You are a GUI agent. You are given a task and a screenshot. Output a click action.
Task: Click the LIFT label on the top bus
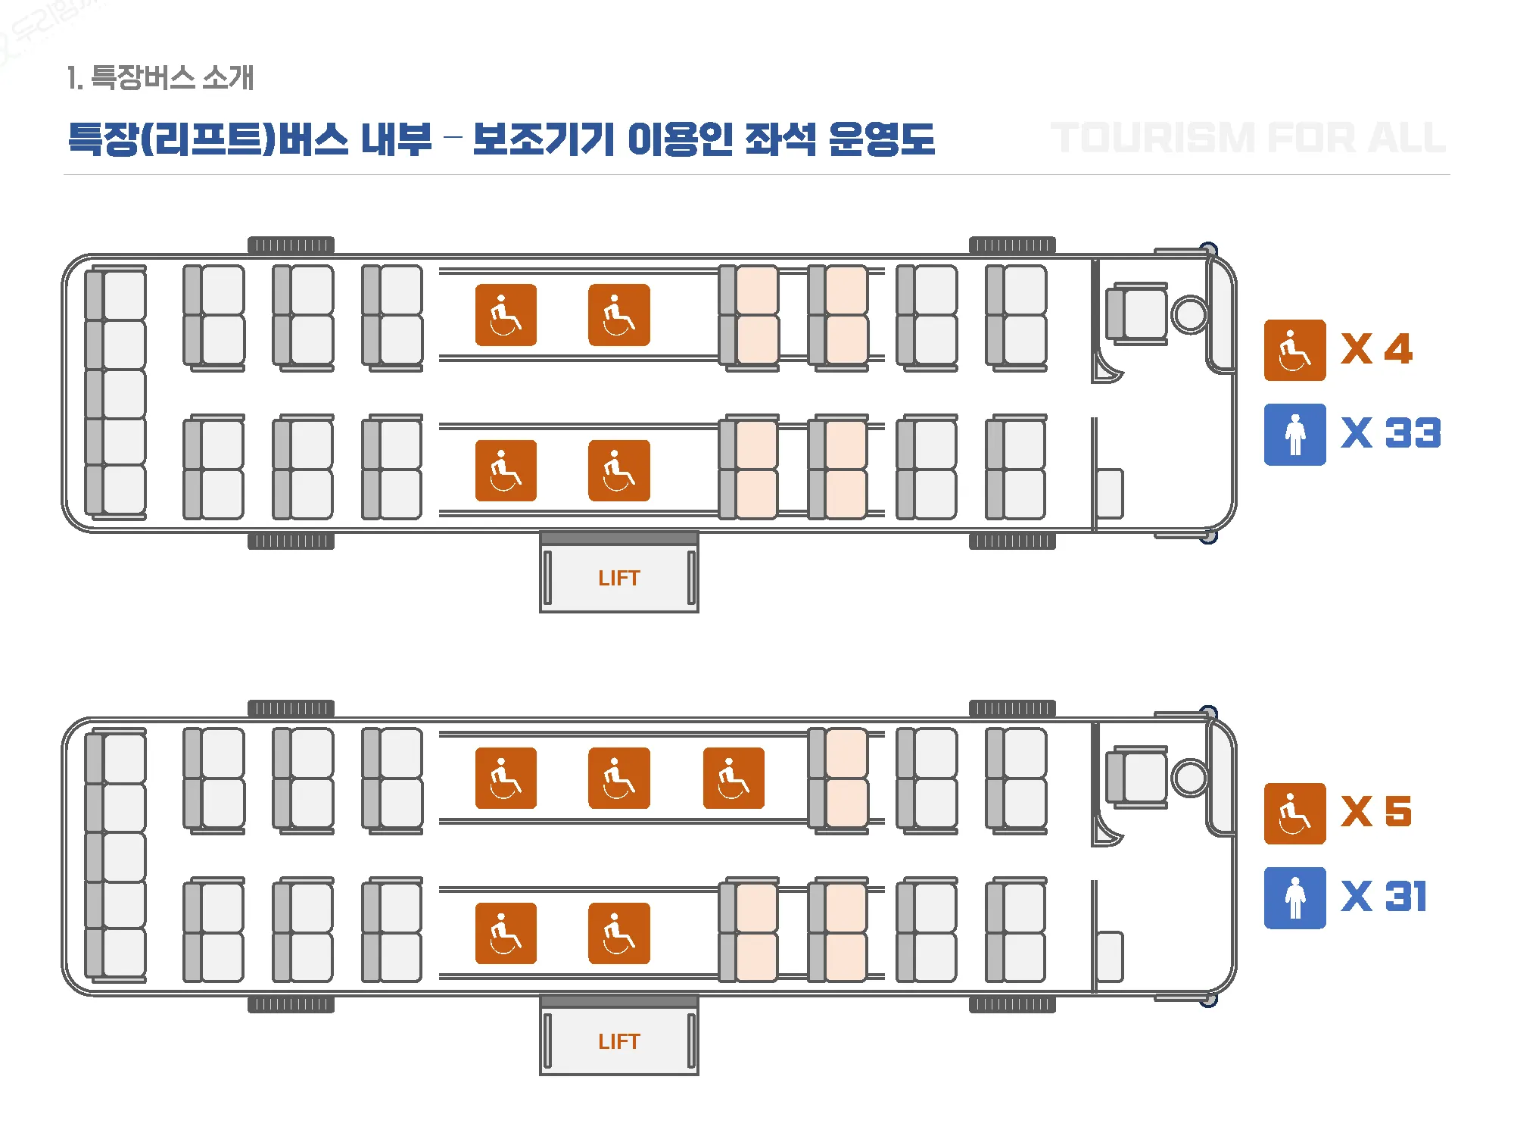(x=618, y=578)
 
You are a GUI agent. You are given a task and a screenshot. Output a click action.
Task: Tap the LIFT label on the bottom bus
(x=618, y=1041)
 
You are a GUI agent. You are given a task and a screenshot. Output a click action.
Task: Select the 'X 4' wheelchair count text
(x=1376, y=349)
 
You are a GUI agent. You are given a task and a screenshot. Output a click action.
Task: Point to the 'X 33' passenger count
(x=1391, y=433)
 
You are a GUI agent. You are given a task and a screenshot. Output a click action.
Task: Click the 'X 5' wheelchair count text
(x=1376, y=812)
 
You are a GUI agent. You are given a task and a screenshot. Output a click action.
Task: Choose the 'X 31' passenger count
(x=1384, y=897)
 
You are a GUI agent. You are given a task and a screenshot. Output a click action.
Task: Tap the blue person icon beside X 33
(x=1294, y=434)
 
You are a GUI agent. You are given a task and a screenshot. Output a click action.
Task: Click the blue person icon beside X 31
(x=1294, y=897)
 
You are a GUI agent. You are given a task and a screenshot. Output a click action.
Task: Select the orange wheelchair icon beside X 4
(x=1294, y=350)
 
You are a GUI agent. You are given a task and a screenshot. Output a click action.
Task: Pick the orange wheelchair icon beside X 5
(x=1294, y=813)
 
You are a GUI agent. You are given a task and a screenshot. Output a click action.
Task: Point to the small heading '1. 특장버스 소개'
(x=160, y=77)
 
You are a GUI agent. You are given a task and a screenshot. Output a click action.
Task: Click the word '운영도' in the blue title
(x=881, y=139)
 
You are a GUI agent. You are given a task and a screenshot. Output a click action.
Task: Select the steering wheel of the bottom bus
(x=1190, y=778)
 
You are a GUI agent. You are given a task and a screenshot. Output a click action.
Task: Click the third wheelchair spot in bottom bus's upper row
(x=733, y=778)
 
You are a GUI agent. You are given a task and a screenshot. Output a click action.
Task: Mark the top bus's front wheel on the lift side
(x=1012, y=541)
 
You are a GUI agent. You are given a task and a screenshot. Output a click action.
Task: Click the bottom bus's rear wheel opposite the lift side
(x=291, y=709)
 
